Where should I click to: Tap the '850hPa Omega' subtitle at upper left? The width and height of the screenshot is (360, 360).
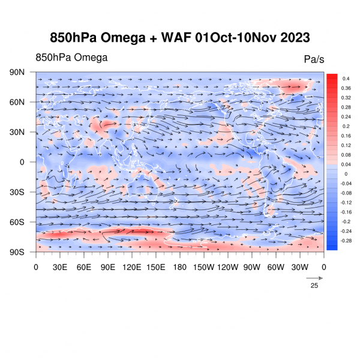point(71,58)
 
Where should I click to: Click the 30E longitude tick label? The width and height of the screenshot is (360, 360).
point(59,267)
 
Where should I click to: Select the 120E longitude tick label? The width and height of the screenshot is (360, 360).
point(131,267)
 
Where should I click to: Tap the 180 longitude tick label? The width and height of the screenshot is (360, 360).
point(180,267)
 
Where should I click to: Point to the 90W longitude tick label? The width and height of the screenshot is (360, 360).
point(251,267)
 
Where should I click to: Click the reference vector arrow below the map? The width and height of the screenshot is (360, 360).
point(314,278)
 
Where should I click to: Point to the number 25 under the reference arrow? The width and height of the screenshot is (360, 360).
point(314,286)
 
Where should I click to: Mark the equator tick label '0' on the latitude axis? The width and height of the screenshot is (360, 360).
point(22,162)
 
